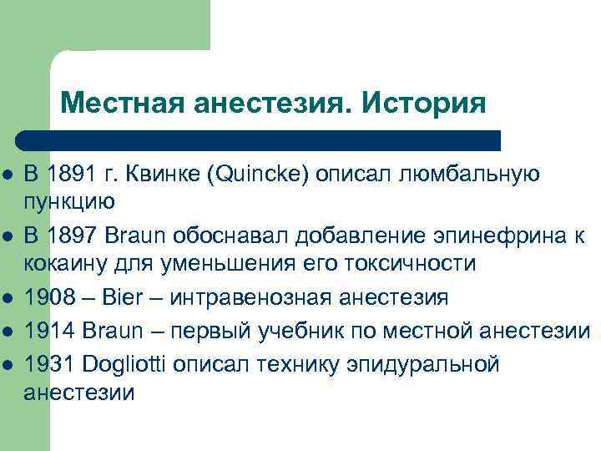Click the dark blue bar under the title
259,139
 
